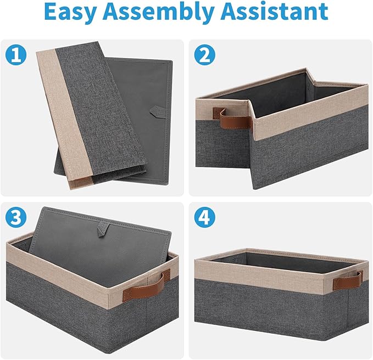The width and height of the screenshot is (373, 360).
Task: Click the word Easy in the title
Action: tap(70, 12)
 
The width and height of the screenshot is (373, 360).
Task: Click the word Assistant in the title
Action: tap(274, 11)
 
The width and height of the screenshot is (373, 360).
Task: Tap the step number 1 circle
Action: tap(16, 55)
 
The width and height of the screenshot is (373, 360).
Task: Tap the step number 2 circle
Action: tap(204, 55)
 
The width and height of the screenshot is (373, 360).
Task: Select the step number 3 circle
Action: tap(16, 217)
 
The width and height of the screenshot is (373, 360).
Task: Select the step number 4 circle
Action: tap(204, 217)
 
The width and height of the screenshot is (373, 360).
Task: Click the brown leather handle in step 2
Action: tap(233, 119)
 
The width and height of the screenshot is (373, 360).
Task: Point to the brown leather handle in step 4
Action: tap(348, 280)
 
